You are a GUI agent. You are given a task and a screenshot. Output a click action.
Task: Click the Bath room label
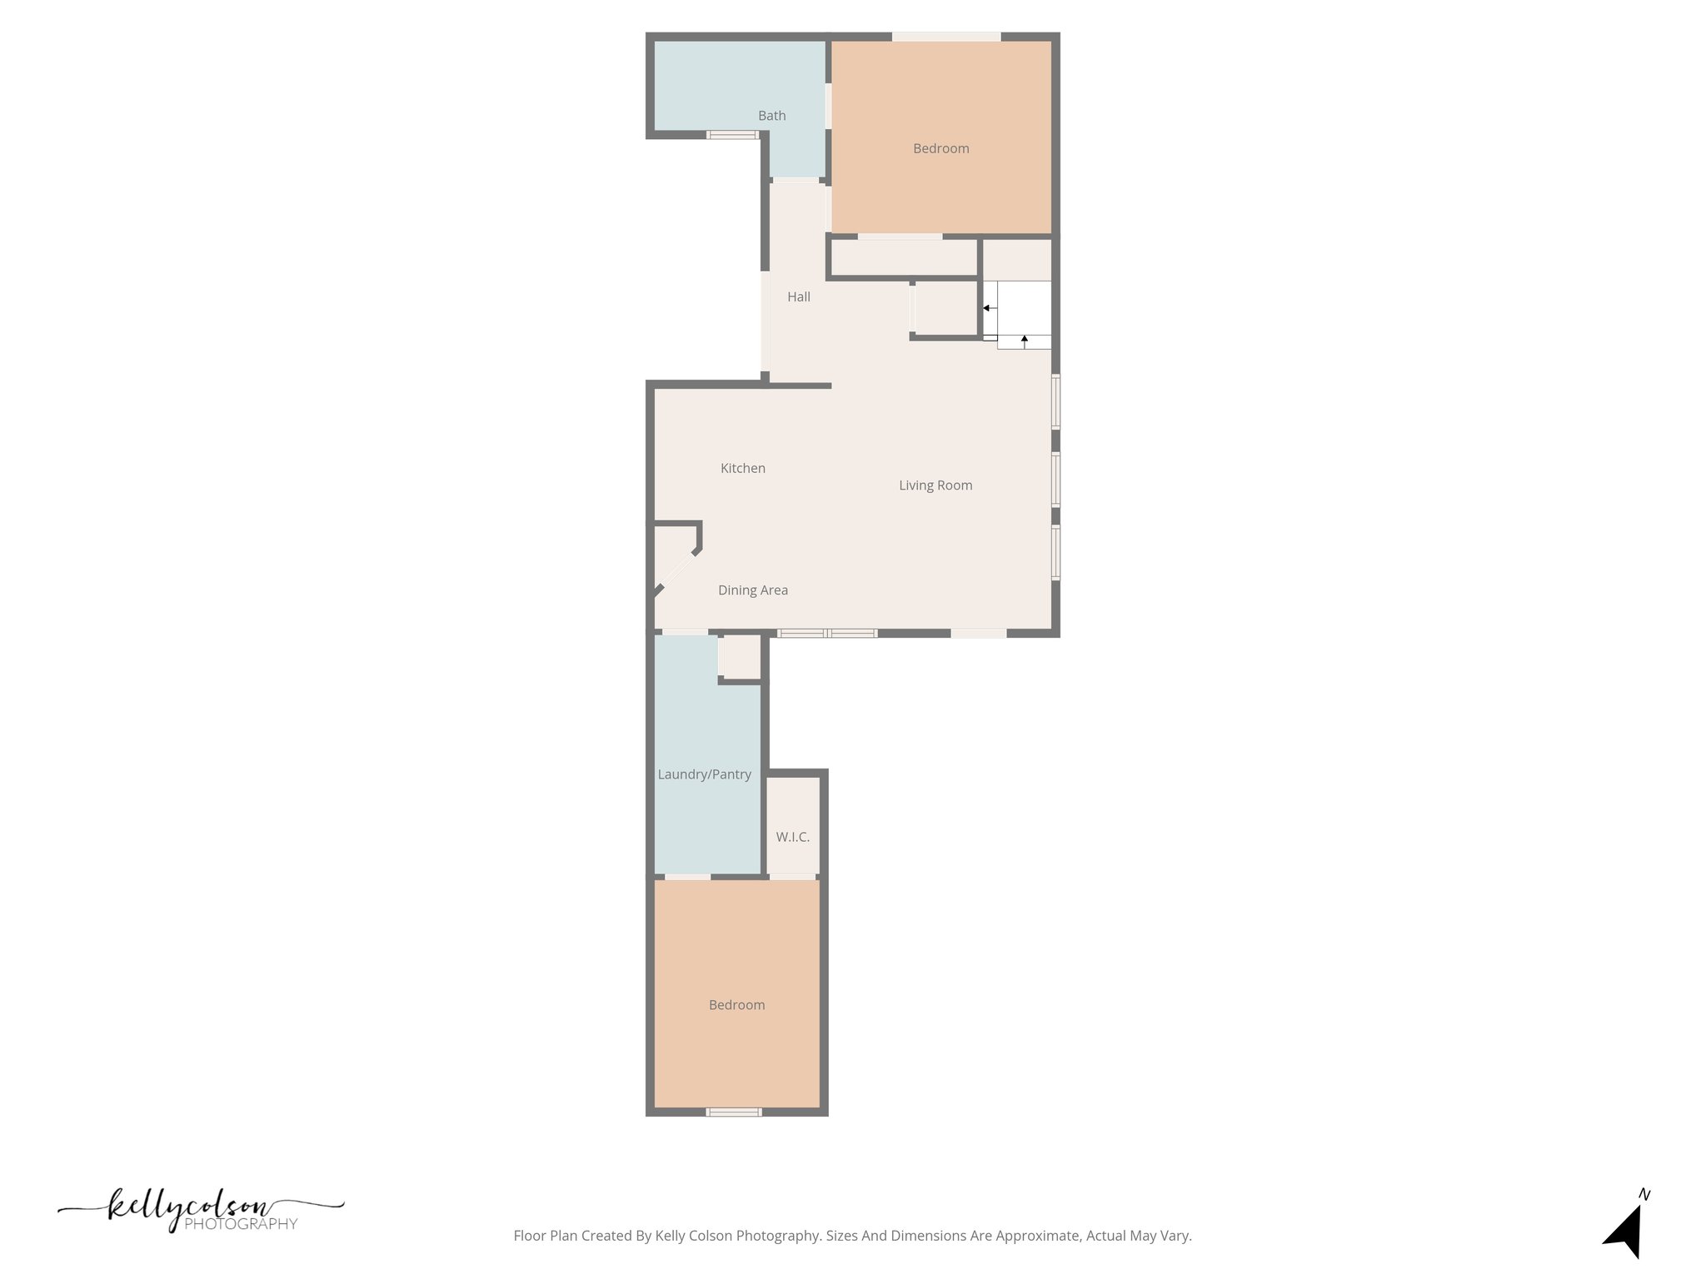(771, 116)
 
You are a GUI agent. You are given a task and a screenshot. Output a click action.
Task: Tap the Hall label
(799, 296)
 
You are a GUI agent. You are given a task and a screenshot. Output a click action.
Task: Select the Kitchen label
(742, 468)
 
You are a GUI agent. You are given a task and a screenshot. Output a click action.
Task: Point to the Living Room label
(935, 485)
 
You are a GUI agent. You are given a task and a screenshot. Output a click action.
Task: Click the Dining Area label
(753, 590)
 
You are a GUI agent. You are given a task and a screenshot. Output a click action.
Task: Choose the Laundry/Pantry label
(704, 774)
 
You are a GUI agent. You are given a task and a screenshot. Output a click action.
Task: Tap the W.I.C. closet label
(792, 837)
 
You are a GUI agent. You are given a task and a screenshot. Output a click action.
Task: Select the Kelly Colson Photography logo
(200, 1212)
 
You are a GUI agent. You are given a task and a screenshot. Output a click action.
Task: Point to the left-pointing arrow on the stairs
(987, 308)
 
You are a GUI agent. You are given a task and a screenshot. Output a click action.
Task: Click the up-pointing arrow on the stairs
(1024, 339)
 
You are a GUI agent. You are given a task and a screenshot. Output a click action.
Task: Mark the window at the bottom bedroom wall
(733, 1112)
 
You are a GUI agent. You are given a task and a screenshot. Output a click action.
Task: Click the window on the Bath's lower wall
(732, 135)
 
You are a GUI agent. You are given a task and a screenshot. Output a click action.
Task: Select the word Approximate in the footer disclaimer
(1039, 1236)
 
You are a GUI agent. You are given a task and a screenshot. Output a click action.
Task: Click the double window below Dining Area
(827, 634)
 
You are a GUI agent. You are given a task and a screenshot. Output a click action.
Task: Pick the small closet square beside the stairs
(945, 309)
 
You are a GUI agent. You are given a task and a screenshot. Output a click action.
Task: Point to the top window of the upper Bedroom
(946, 37)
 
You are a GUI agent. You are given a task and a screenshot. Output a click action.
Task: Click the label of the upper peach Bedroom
(940, 149)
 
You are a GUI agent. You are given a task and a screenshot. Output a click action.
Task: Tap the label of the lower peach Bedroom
(736, 1005)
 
